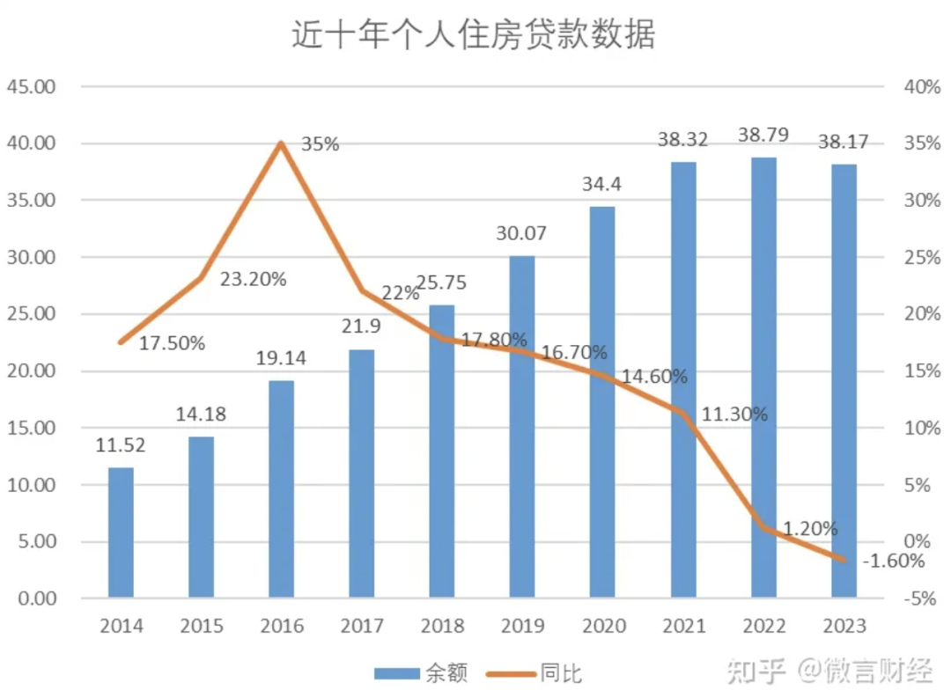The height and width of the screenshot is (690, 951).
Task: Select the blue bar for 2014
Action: [121, 532]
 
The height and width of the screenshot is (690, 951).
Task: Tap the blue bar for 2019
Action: [522, 427]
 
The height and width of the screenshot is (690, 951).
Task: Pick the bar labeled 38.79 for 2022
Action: [763, 378]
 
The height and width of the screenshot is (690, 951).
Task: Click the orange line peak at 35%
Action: [281, 143]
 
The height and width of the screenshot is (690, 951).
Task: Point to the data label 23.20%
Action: [254, 279]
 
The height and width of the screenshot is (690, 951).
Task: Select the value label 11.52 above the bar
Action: [121, 445]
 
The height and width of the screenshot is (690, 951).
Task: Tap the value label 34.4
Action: [602, 185]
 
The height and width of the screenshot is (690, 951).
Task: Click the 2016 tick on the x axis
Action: [282, 627]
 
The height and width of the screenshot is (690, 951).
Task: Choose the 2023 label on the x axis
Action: [844, 627]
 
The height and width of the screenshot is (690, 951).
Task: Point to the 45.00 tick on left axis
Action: [31, 86]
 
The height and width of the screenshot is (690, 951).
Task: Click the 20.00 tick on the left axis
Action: [31, 371]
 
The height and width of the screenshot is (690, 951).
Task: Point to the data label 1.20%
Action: [810, 529]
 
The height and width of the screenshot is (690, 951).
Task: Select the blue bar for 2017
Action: [362, 473]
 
